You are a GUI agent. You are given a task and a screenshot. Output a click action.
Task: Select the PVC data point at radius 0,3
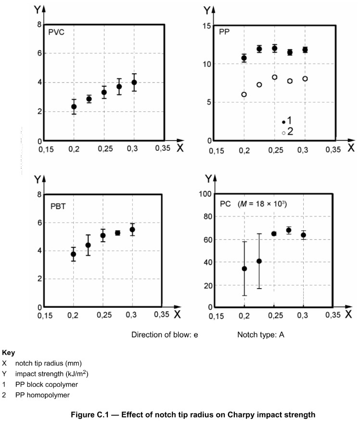coord(134,82)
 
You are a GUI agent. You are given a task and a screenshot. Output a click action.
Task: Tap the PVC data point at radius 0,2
coord(74,106)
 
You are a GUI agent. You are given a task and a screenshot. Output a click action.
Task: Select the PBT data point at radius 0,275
coord(117,233)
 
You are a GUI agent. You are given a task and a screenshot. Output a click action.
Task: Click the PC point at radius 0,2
coord(244,268)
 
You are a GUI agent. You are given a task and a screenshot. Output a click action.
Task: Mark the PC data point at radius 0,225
coord(259,261)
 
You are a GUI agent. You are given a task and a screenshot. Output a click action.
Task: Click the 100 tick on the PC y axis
coord(206,194)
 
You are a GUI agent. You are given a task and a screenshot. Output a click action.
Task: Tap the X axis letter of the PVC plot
coord(180,148)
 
